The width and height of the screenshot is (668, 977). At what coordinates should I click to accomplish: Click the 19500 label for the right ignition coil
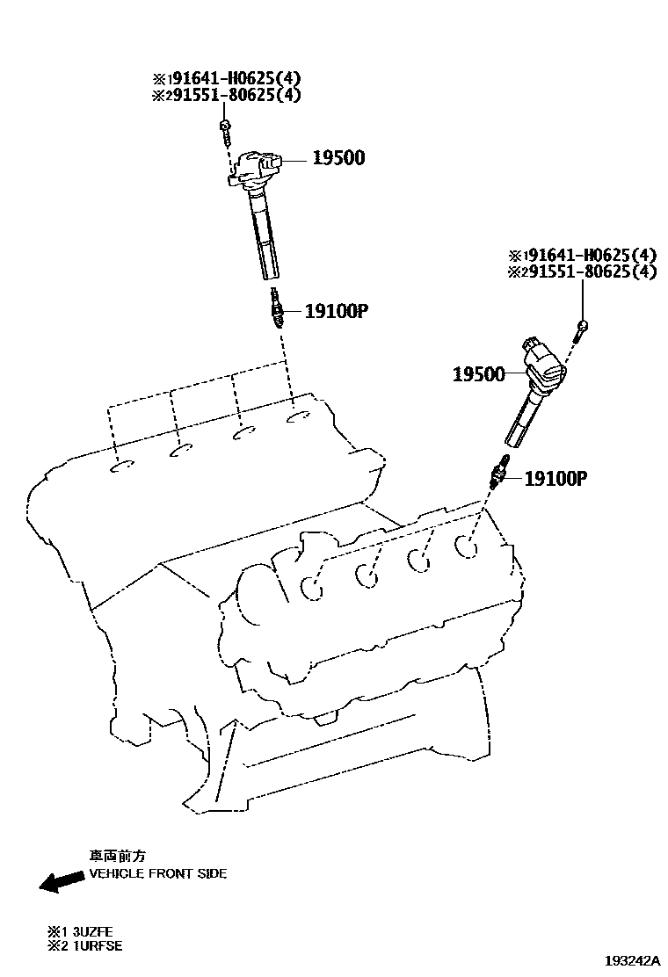click(478, 374)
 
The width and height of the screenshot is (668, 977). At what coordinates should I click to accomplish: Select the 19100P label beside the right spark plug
click(555, 479)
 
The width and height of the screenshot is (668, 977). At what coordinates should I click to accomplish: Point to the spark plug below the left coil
click(278, 311)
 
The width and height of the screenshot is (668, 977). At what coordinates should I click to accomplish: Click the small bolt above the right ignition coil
click(583, 329)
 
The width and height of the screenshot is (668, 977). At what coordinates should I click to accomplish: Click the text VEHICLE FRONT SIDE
click(157, 874)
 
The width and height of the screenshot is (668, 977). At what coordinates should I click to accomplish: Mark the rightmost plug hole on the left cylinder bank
click(300, 417)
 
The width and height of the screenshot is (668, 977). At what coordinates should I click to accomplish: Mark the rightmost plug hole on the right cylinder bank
click(468, 546)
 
